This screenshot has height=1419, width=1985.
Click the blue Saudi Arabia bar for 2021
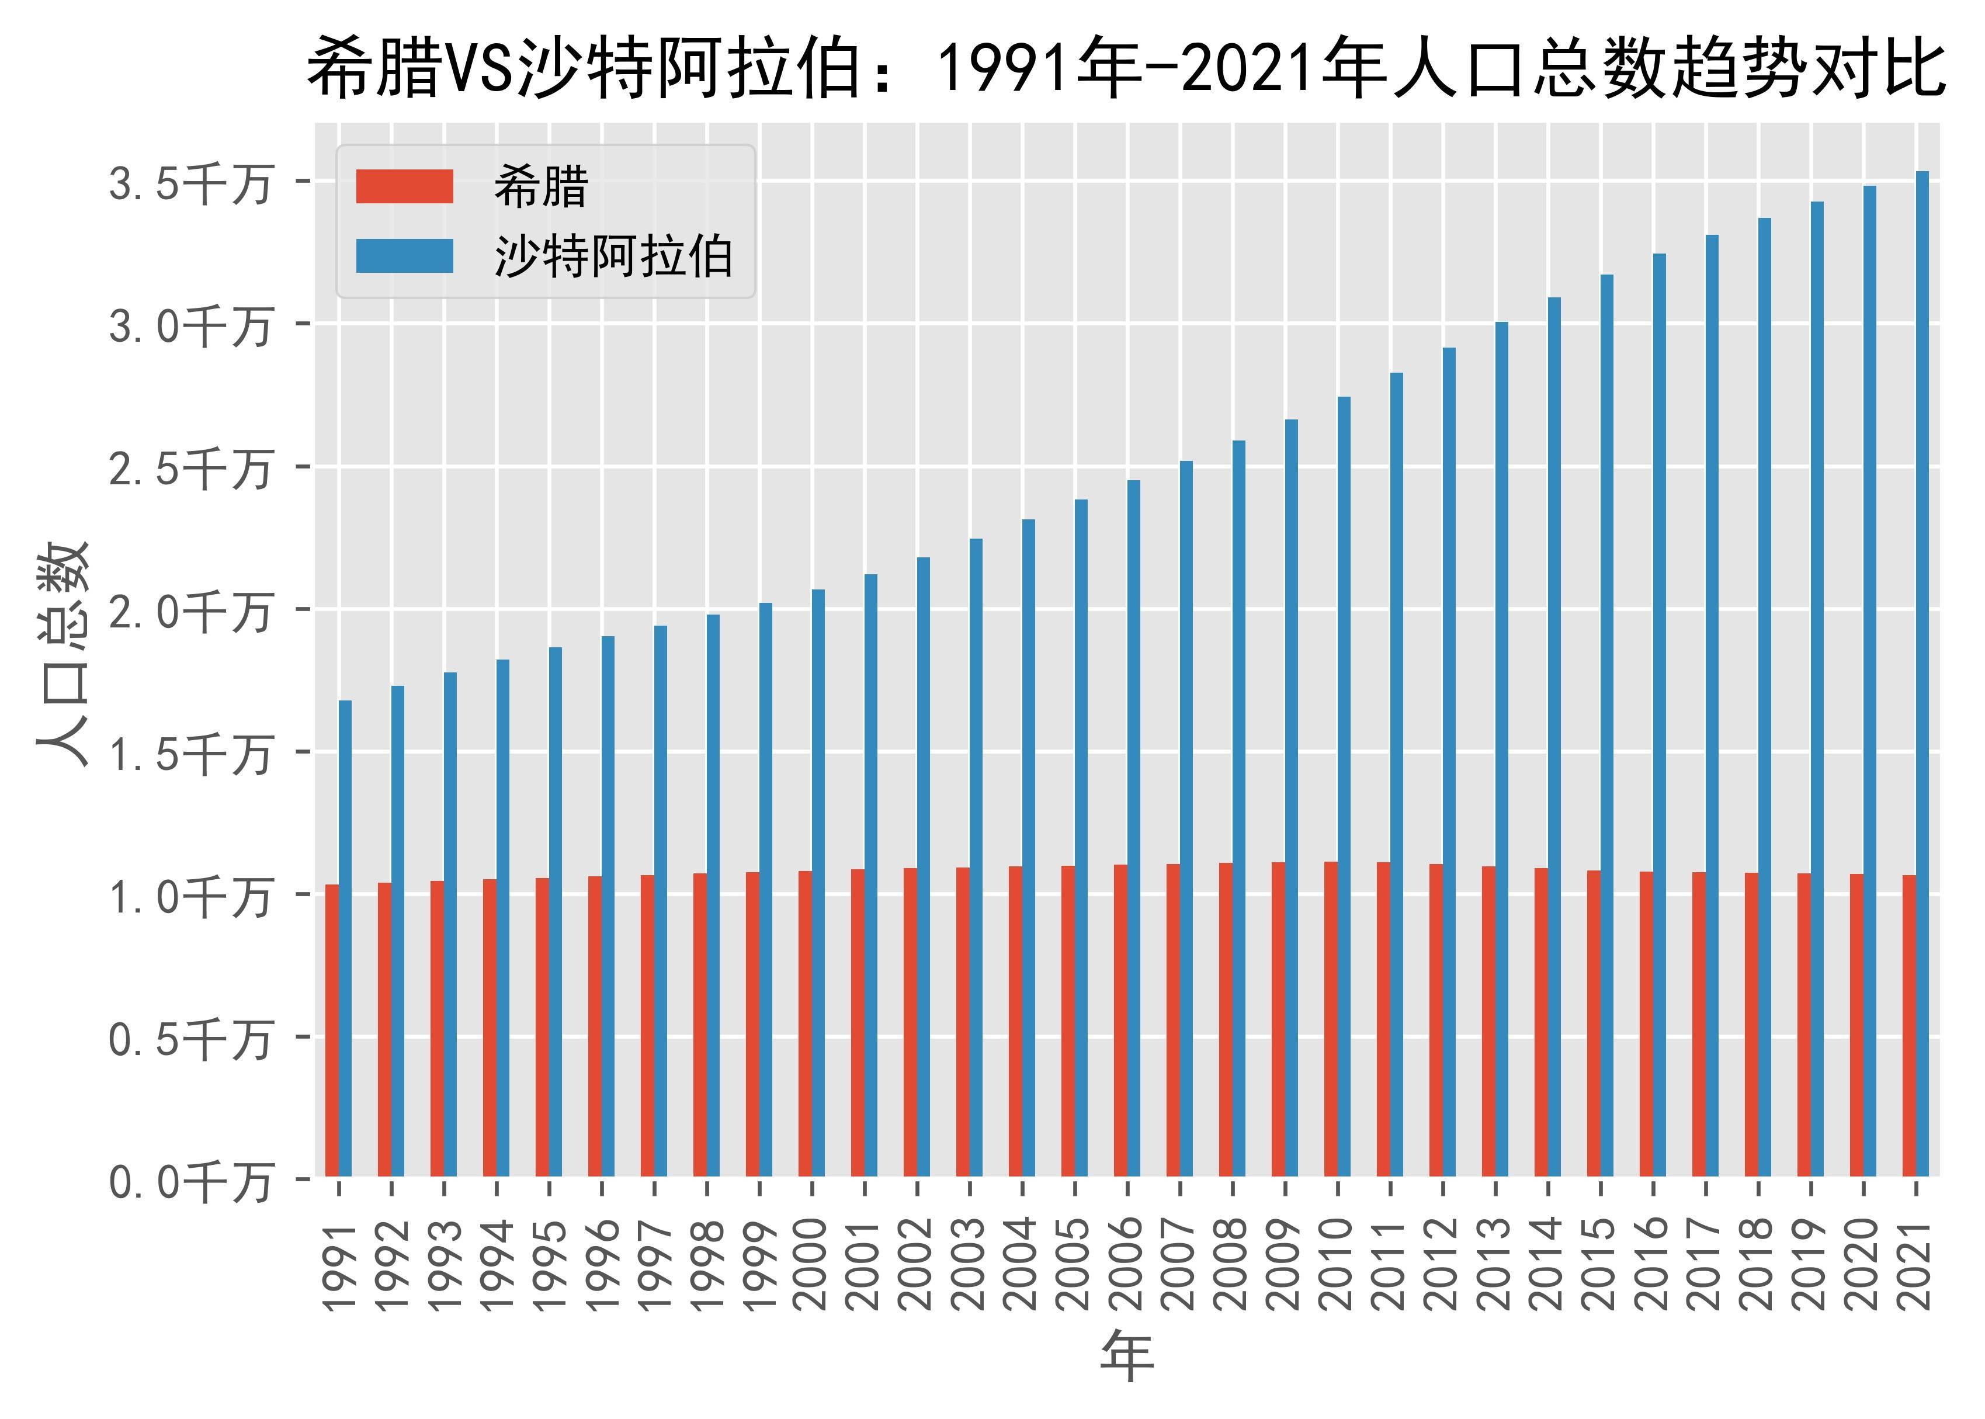click(x=1922, y=673)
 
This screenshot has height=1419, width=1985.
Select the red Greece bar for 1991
click(x=332, y=1031)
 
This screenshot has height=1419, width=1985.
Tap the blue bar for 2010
click(x=1344, y=786)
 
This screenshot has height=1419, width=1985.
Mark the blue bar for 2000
click(x=818, y=883)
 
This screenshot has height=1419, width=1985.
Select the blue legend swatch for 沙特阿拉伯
click(x=404, y=256)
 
